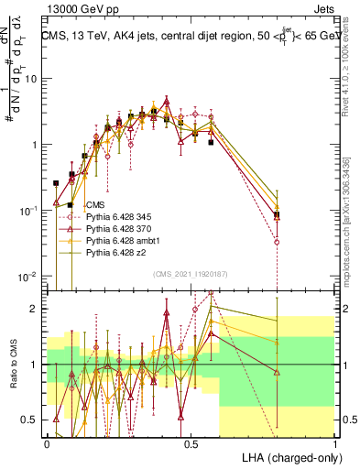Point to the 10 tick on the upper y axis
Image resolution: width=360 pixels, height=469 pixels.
coord(32,79)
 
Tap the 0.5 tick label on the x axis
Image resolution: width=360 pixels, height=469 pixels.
coord(191,442)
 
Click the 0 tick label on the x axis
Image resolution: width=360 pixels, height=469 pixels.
coord(47,442)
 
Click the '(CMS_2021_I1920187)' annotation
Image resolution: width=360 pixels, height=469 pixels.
coord(191,273)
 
